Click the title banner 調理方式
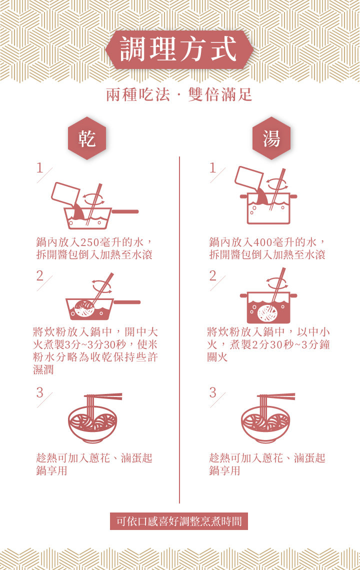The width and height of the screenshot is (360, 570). (x=179, y=49)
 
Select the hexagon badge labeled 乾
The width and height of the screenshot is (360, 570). (x=87, y=138)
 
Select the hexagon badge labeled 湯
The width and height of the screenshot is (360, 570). (x=271, y=138)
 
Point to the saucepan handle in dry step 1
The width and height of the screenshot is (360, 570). (x=125, y=211)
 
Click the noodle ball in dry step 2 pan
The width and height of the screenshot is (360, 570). (x=84, y=309)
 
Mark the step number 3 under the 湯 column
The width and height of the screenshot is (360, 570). (x=212, y=392)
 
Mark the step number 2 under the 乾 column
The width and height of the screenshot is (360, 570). (x=39, y=275)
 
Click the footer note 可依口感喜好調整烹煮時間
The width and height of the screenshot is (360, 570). (x=179, y=521)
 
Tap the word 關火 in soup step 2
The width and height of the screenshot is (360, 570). (x=217, y=357)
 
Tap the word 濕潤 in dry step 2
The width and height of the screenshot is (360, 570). (x=43, y=369)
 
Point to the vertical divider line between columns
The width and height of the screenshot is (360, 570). (x=179, y=330)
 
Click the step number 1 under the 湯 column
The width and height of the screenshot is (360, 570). (x=212, y=168)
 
